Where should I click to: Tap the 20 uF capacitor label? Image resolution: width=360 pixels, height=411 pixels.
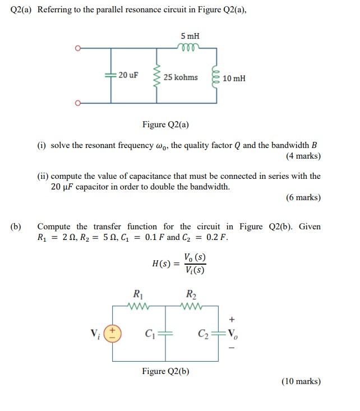pos(128,75)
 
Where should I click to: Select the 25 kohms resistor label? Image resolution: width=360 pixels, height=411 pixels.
pos(181,77)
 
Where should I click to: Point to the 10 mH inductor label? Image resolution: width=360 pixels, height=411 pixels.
pos(234,78)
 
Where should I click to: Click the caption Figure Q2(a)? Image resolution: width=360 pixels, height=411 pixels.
pos(165,124)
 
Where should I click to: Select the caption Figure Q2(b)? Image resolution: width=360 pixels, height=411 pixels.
pos(165,371)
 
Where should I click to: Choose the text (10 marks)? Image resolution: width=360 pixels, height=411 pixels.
pos(301,381)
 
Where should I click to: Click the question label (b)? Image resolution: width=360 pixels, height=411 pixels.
pos(16,227)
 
